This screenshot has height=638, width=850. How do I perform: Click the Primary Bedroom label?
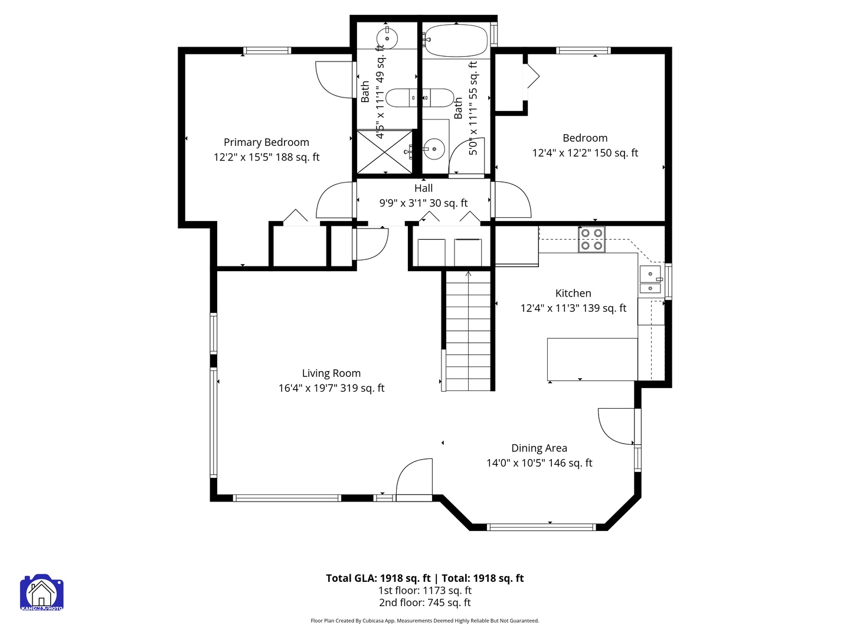click(x=266, y=142)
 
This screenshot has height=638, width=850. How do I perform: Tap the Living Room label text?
click(x=331, y=373)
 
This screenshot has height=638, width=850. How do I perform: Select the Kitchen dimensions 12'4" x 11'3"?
click(x=573, y=308)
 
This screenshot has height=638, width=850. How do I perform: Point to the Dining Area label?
click(x=539, y=448)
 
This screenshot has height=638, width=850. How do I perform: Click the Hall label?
click(x=423, y=188)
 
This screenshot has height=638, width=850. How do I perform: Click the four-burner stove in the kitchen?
click(x=591, y=239)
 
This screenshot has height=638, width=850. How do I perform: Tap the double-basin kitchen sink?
click(x=650, y=280)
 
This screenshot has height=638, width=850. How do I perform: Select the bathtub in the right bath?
click(x=455, y=40)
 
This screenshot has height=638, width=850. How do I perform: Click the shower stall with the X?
click(x=385, y=152)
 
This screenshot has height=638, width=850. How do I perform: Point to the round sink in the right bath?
click(x=435, y=149)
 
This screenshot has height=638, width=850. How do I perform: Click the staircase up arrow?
click(x=468, y=274)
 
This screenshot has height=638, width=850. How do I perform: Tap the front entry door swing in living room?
click(x=415, y=480)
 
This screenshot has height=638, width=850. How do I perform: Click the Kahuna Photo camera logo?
click(x=41, y=593)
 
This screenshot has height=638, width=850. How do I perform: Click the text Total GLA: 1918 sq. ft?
click(x=378, y=578)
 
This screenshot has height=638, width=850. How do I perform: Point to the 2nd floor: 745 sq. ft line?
click(x=425, y=603)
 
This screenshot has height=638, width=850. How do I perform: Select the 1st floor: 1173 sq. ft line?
click(x=425, y=591)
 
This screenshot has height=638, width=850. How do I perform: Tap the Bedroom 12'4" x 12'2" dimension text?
click(x=585, y=153)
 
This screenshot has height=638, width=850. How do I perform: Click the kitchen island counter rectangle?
click(x=592, y=359)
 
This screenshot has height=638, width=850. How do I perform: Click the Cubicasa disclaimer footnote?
click(x=425, y=621)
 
